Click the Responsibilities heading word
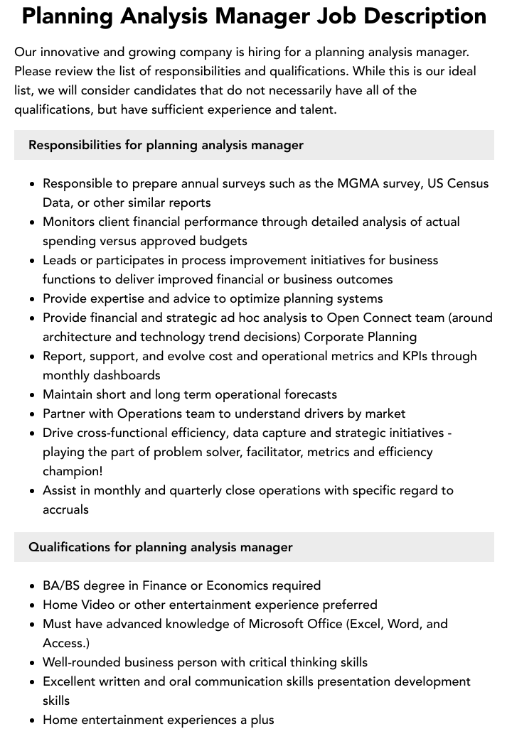(x=75, y=145)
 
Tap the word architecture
(x=78, y=337)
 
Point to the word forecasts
(x=304, y=394)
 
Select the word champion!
(x=73, y=471)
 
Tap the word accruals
(x=65, y=509)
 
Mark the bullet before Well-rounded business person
(x=33, y=662)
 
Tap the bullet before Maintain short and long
(x=33, y=394)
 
